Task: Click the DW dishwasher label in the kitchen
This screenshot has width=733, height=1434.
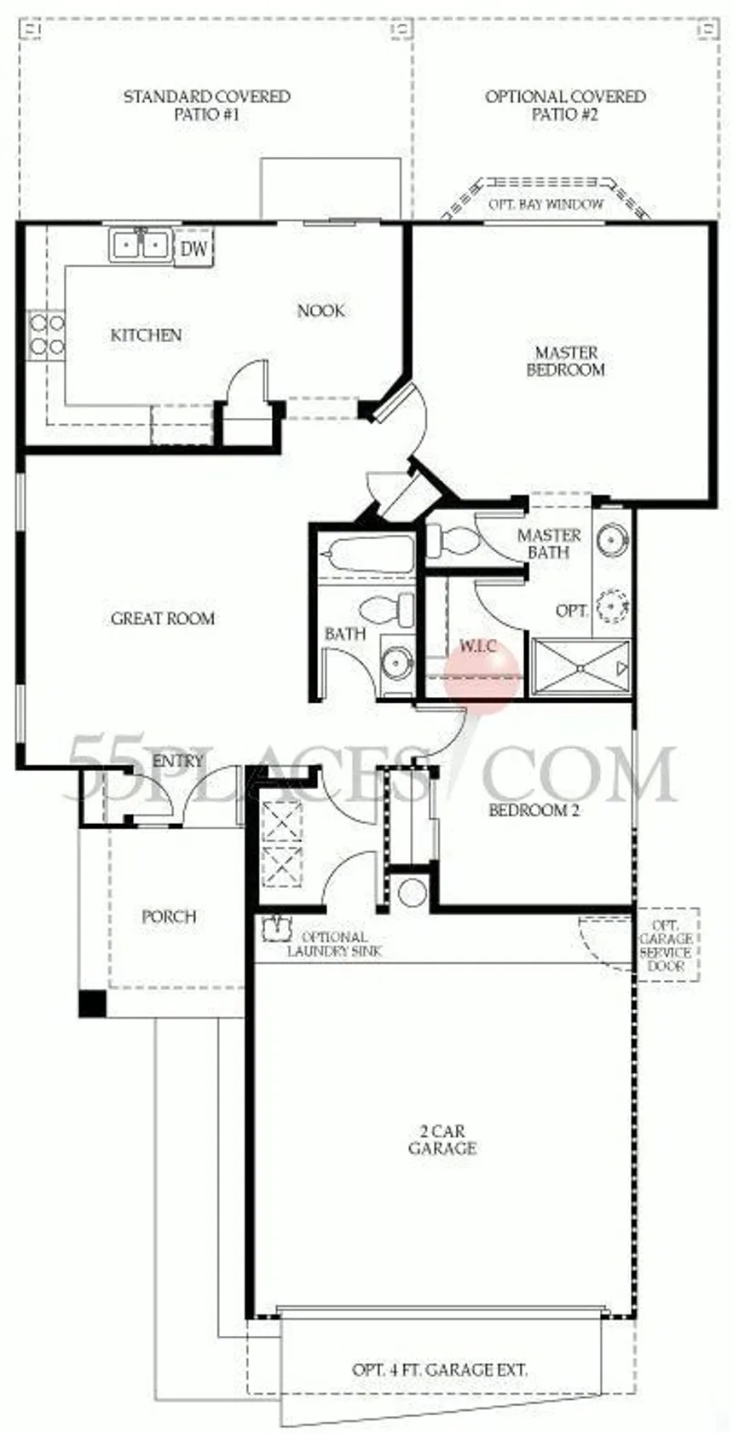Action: [193, 248]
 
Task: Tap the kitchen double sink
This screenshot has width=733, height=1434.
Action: [140, 245]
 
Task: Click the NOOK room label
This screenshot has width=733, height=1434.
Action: [321, 311]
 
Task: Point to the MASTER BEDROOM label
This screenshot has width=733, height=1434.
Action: [566, 361]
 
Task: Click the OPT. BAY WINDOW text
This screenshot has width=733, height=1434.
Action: [546, 205]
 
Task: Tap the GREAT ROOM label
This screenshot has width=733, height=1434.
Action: [163, 618]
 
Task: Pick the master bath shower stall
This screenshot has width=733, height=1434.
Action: [580, 666]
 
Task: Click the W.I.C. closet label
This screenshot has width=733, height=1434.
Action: [478, 646]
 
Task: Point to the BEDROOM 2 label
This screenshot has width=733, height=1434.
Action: [534, 810]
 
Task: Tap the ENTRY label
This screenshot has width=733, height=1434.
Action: [178, 761]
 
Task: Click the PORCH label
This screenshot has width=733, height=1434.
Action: [169, 917]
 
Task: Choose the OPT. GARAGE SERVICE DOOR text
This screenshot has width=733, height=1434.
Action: [667, 945]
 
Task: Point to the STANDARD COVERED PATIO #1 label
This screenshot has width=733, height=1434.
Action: [206, 106]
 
